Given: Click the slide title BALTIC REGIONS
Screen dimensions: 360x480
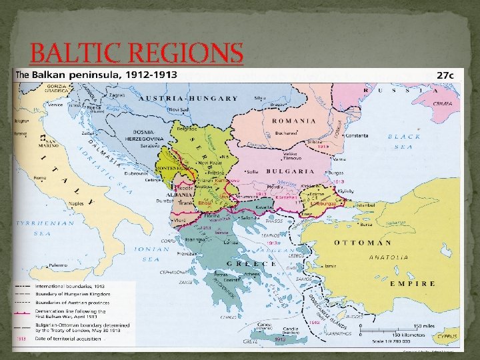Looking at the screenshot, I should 137,53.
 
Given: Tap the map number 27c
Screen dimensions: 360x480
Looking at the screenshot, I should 445,75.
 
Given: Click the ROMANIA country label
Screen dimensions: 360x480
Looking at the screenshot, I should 293,121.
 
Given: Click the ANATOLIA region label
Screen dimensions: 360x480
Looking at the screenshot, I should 390,257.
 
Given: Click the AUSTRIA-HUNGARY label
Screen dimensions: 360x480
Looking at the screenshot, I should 188,98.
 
